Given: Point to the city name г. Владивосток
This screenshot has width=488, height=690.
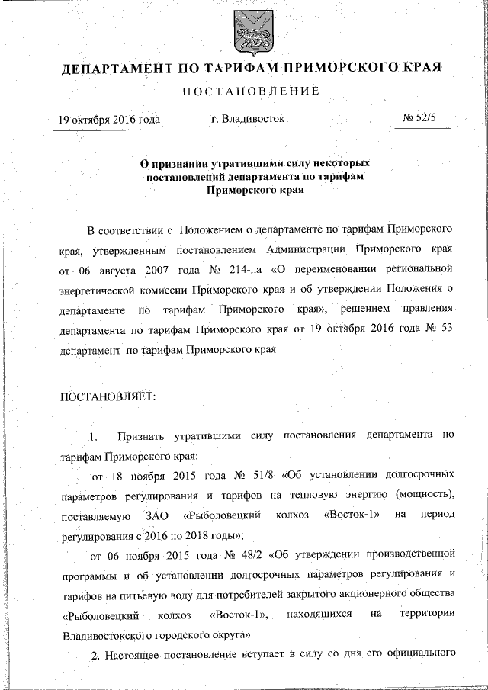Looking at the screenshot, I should pyautogui.click(x=247, y=120).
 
